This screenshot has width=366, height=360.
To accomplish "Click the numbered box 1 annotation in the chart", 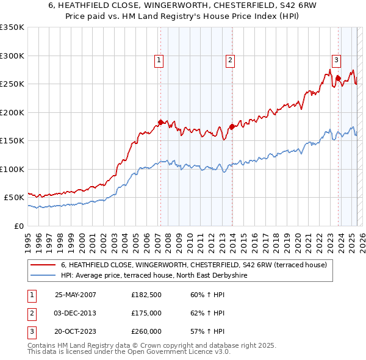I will (x=159, y=60).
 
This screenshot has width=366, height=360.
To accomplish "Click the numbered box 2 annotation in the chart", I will (x=230, y=60).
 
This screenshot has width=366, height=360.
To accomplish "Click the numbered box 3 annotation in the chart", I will (x=336, y=60).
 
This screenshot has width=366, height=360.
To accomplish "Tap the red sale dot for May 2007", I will (x=161, y=122).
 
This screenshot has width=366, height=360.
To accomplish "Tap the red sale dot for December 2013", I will (x=232, y=126).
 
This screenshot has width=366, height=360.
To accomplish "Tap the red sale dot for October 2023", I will (x=338, y=78).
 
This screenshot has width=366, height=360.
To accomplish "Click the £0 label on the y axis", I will (x=18, y=226).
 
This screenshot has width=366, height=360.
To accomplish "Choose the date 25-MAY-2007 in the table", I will (x=76, y=295).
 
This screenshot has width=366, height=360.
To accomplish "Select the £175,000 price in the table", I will (x=146, y=313).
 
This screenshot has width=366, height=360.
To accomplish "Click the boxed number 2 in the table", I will (x=30, y=313).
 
